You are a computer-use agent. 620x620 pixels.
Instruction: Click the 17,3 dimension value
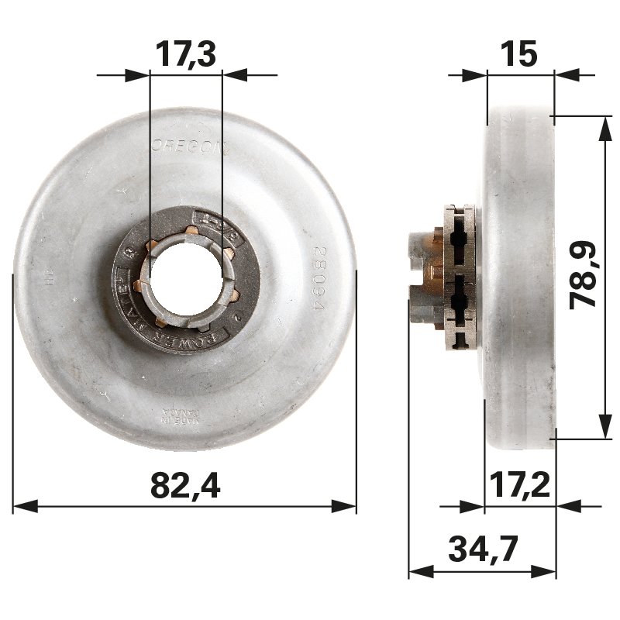click(x=186, y=55)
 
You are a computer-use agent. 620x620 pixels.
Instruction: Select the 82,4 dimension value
click(x=185, y=486)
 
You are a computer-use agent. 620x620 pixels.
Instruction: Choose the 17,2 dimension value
click(x=520, y=486)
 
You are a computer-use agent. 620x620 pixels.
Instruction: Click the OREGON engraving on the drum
click(x=186, y=145)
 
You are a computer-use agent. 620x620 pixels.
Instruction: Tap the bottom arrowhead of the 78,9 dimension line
click(x=602, y=428)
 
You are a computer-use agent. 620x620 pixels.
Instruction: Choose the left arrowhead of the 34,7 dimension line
click(x=419, y=572)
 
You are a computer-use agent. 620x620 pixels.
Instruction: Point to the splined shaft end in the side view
click(x=419, y=277)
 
